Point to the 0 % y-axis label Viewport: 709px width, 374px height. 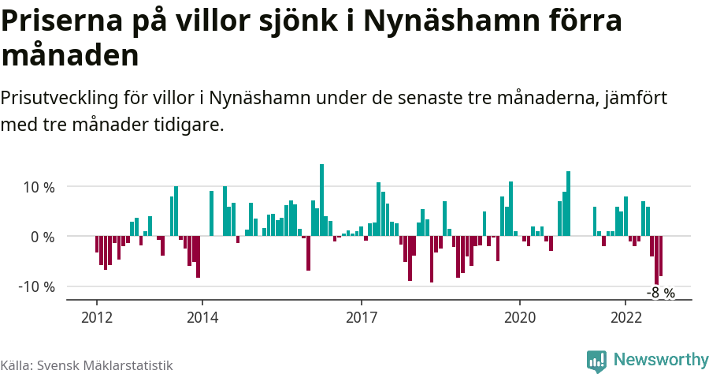coord(43,237)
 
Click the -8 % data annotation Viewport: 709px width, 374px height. coord(661,293)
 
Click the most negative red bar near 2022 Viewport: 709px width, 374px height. coord(656,260)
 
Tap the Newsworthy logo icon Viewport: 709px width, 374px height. coord(596,361)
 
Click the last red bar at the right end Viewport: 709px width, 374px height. coord(661,256)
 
